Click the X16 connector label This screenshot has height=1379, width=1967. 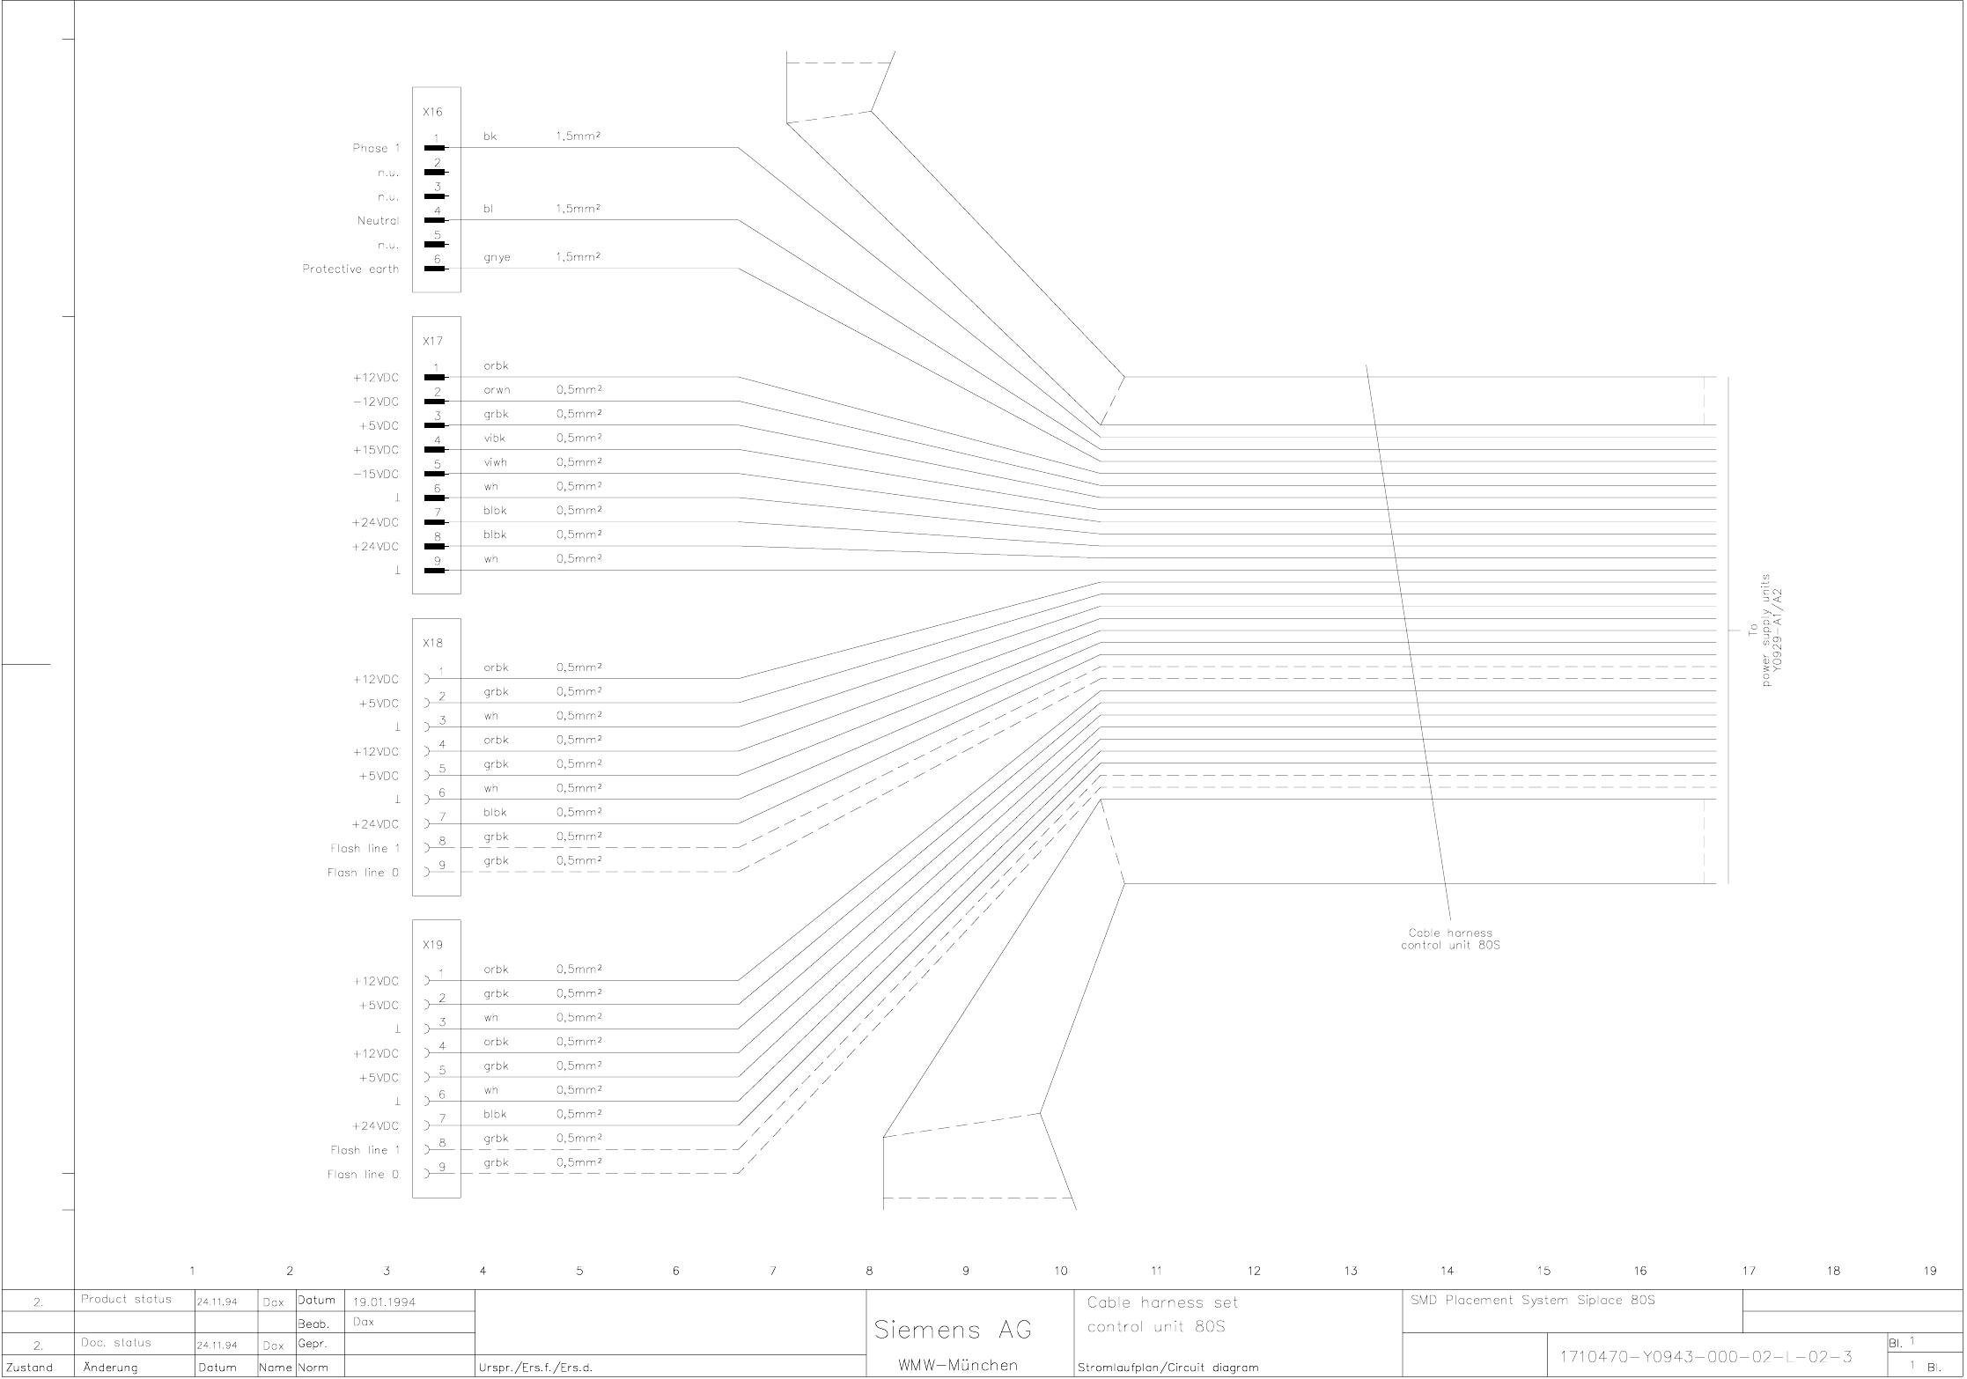coord(432,113)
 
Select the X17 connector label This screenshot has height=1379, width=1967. coord(432,341)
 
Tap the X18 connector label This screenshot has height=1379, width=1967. coord(432,643)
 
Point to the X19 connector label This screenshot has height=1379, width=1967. coord(432,945)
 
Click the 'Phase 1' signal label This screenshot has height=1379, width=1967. coord(376,148)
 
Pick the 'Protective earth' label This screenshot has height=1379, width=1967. coord(350,269)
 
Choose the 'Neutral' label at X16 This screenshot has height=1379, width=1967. coord(378,220)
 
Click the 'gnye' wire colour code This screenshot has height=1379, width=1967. coord(497,257)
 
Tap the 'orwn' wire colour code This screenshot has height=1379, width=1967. coord(497,389)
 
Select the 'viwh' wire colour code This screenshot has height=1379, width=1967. coord(495,462)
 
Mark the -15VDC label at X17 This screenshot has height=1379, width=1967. coord(376,474)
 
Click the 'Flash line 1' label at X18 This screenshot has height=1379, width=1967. coord(365,848)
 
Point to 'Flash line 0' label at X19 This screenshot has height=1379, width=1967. coord(363,1174)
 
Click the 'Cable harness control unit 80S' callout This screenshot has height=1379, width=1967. coord(1450,940)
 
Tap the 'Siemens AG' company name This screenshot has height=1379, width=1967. coord(953,1330)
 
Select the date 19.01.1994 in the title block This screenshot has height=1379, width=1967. coord(385,1302)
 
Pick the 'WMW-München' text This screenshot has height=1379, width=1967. coord(958,1366)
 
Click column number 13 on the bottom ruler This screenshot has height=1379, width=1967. coord(1351,1271)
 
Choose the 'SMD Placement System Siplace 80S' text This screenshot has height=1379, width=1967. coord(1533,1300)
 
